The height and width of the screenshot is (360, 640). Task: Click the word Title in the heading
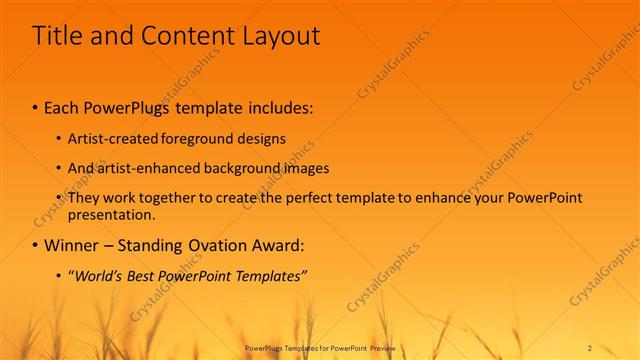click(56, 36)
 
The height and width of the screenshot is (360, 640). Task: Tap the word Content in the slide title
click(178, 36)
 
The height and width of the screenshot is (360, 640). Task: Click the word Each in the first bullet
click(63, 105)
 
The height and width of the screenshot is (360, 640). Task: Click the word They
click(83, 198)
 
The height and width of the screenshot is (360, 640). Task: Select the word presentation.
click(111, 214)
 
